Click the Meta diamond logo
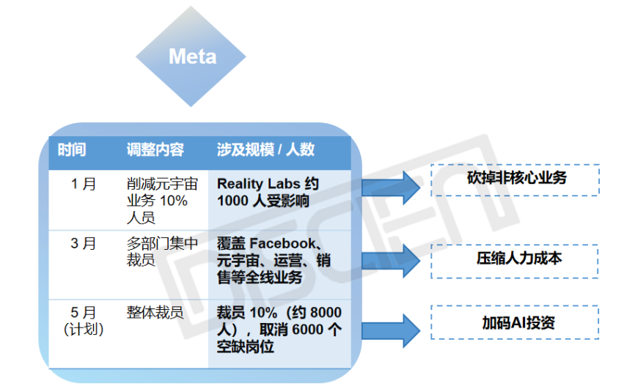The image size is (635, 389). [191, 56]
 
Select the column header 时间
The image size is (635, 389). [72, 149]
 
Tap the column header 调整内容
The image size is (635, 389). [155, 149]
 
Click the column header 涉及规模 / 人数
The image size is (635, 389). [265, 149]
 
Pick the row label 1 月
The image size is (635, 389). [84, 184]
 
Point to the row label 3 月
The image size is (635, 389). [84, 243]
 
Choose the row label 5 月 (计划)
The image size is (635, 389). [84, 321]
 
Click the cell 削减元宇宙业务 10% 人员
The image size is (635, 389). [162, 201]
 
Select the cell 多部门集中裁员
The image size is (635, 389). [162, 252]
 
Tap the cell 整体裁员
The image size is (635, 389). [155, 313]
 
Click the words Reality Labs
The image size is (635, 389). [259, 184]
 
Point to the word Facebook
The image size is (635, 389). [282, 243]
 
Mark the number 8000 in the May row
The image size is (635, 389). [326, 313]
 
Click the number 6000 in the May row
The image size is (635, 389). [307, 330]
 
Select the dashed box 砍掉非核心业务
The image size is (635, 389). [515, 180]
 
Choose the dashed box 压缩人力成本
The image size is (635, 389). [515, 261]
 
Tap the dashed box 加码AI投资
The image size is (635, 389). [515, 322]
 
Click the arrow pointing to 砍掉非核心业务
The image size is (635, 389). [391, 188]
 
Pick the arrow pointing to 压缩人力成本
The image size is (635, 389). [391, 261]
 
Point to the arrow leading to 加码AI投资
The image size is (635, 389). [391, 330]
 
